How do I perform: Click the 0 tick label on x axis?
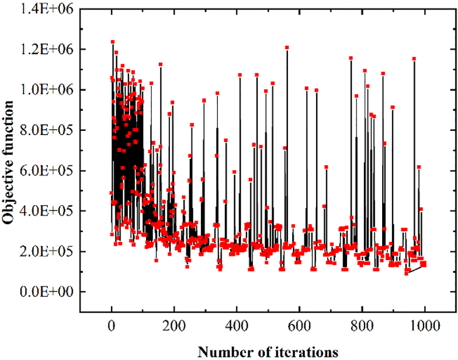111,325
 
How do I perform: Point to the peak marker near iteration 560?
287,47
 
